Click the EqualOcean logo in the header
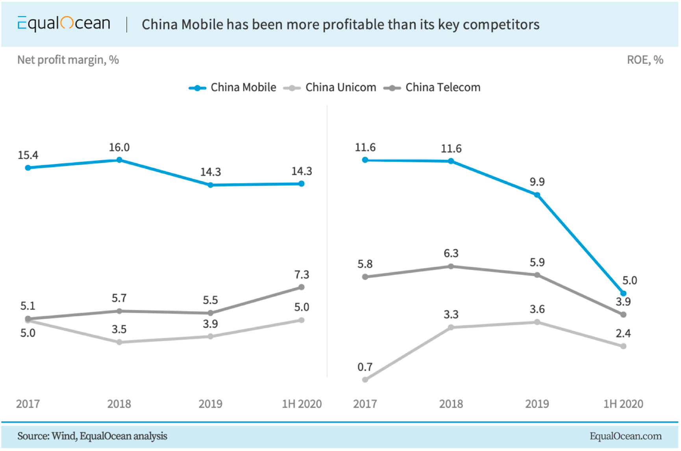(64, 24)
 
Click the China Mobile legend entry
(233, 87)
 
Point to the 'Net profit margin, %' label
(68, 60)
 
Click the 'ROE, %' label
(645, 60)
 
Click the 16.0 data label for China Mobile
(119, 148)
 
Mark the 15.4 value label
(28, 155)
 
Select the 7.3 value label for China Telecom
(302, 275)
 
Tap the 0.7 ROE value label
(365, 367)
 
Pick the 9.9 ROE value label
(537, 182)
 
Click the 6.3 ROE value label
(451, 253)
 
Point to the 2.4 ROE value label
(623, 334)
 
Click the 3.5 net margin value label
(119, 329)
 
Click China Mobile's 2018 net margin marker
(119, 160)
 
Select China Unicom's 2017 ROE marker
(365, 380)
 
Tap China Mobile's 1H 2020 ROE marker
(623, 293)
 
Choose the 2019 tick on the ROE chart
(537, 404)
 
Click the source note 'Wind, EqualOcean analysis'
(92, 436)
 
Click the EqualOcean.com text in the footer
(625, 436)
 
